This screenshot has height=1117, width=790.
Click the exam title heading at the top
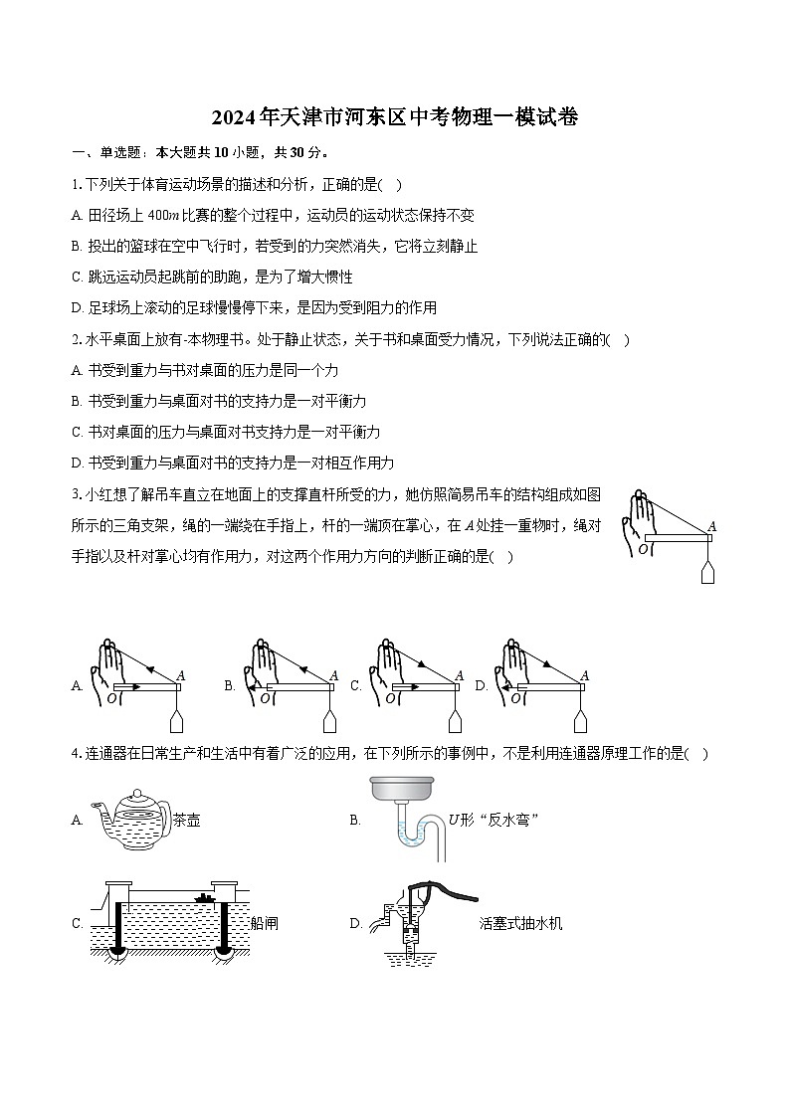[x=395, y=117]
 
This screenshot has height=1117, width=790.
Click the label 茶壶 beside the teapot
[x=186, y=821]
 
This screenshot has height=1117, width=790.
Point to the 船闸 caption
[x=265, y=923]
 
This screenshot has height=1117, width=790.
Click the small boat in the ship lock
[x=206, y=899]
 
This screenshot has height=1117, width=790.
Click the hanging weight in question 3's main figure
[x=707, y=572]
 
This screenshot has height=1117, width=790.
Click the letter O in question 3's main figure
[x=642, y=548]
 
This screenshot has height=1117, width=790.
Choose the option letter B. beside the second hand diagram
[x=229, y=685]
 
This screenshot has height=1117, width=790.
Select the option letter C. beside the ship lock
[x=77, y=923]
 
